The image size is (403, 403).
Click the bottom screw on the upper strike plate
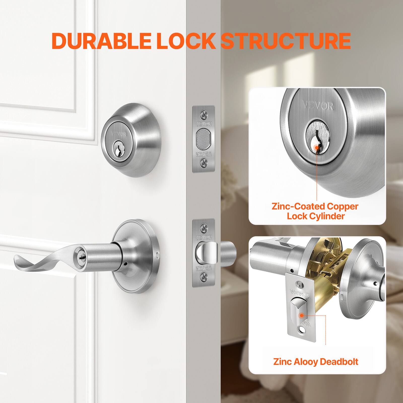coord(204,163)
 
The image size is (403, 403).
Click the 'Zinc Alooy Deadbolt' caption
coord(316,362)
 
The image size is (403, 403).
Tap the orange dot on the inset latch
coord(301,315)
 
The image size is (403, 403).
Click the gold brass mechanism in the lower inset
coord(327,277)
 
